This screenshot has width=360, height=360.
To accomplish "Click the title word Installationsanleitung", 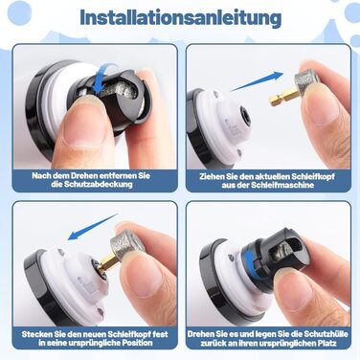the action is click(x=180, y=17).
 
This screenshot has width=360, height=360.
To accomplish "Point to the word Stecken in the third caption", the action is click(x=36, y=334).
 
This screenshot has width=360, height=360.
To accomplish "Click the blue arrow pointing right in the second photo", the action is click(x=257, y=81).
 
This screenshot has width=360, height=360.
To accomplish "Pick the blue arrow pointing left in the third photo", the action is click(x=93, y=227).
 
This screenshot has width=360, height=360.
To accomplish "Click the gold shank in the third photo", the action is click(x=107, y=262).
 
